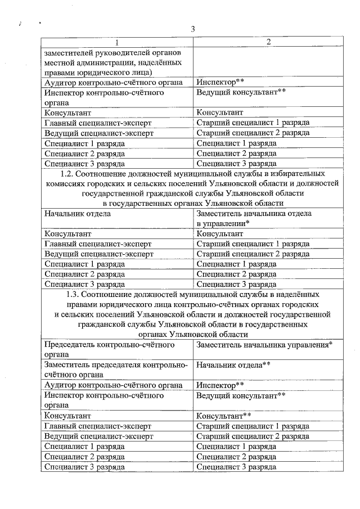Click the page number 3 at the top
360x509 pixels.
[192, 29]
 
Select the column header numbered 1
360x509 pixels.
[116, 43]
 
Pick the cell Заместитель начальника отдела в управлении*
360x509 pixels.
[254, 218]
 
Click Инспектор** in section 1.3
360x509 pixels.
[220, 385]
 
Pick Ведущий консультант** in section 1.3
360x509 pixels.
[237, 395]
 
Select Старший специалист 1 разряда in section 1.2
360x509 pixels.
[253, 244]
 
